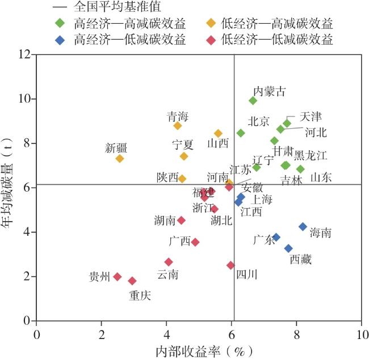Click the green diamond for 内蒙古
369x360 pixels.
(x=253, y=101)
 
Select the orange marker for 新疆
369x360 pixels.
(x=120, y=159)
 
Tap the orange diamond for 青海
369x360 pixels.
(x=178, y=126)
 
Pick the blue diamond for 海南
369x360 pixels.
(x=303, y=227)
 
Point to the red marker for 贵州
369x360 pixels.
(x=118, y=277)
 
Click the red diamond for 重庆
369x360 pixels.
(x=132, y=281)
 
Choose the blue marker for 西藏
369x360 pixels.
(x=288, y=248)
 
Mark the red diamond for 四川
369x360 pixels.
(x=230, y=265)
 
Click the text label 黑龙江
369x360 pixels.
(x=311, y=155)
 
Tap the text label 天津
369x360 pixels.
(x=311, y=117)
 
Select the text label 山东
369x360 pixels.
(x=321, y=177)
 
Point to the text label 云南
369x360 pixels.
(x=167, y=275)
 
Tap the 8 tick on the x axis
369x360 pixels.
(x=296, y=333)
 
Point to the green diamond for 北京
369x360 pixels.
(x=241, y=133)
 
